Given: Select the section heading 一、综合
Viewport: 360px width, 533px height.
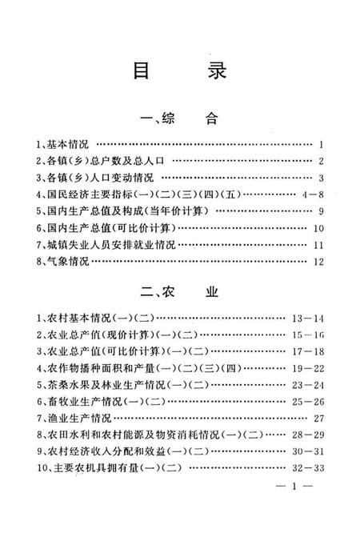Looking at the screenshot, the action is point(179,121).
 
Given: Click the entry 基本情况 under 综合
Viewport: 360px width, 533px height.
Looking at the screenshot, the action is point(65,145).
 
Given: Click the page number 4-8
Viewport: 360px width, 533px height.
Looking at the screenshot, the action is point(310,194).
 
